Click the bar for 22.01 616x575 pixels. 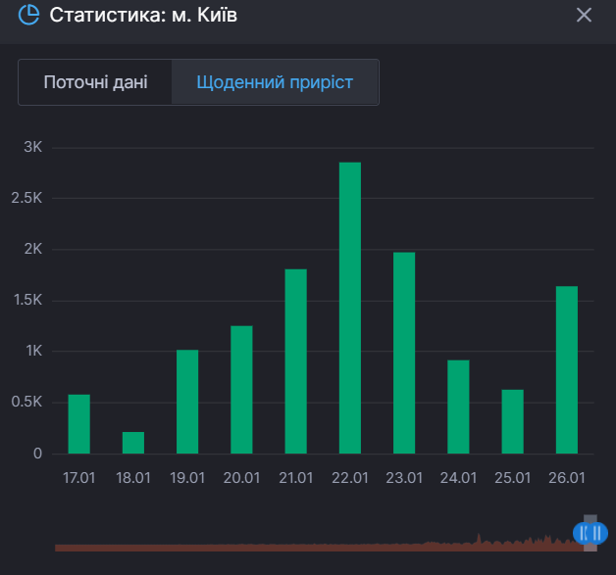coord(350,308)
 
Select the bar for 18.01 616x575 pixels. coord(133,443)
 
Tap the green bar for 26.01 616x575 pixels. coord(567,369)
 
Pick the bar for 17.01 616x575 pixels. coord(79,424)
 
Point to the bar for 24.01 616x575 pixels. coord(458,407)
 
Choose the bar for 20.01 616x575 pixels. coord(241,389)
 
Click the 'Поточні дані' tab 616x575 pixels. coord(95,82)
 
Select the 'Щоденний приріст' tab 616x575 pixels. coord(275,82)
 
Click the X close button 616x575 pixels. coord(584,16)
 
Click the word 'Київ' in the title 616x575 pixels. coord(217,16)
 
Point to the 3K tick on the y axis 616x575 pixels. coord(32,147)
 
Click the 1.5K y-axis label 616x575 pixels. coord(28,300)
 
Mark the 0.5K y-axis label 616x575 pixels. coord(28,402)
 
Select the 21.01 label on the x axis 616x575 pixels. coord(296,478)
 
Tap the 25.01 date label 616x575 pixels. coord(513,478)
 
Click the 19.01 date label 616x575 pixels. coord(187,478)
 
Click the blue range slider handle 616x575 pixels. coord(590,532)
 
